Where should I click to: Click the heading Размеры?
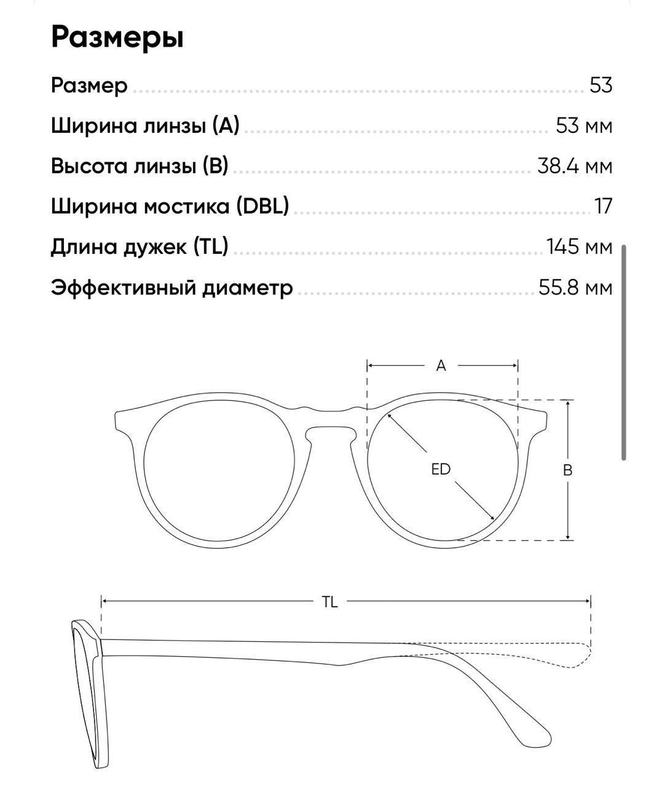(117, 37)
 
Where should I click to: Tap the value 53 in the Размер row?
(601, 85)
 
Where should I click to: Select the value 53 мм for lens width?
(583, 125)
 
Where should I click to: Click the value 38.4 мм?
(574, 166)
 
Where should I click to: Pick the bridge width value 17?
(604, 206)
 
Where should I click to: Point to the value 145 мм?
(579, 247)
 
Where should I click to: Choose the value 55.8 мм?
(575, 287)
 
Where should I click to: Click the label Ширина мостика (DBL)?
(170, 206)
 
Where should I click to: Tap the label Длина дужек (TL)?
(139, 247)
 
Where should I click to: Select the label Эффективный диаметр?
(172, 287)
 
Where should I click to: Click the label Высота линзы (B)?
(139, 166)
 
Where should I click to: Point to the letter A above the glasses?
(441, 366)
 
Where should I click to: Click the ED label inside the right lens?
(441, 470)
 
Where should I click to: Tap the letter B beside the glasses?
(568, 470)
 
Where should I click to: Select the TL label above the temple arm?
(330, 602)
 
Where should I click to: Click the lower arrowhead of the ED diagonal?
(492, 518)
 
